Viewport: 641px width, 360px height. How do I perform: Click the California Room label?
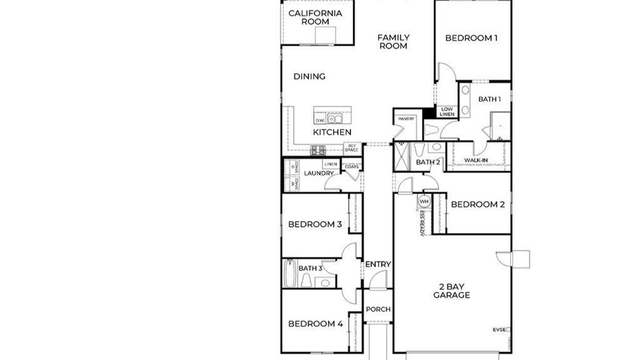click(315, 17)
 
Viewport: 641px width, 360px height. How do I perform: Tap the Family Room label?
click(393, 42)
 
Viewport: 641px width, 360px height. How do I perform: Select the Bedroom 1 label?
click(471, 38)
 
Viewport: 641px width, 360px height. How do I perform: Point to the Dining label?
click(310, 76)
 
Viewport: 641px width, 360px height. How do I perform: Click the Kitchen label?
click(332, 133)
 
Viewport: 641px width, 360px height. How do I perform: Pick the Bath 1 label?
click(490, 99)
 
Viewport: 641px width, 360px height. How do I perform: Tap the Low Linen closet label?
click(446, 111)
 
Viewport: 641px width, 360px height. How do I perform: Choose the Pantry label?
click(407, 118)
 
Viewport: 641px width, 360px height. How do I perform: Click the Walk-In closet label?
click(476, 161)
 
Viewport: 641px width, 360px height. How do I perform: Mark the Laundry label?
click(319, 173)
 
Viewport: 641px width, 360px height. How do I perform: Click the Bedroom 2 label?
click(478, 204)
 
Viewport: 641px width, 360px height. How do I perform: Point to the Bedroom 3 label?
click(315, 224)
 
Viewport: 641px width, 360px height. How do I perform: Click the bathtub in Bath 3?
click(289, 274)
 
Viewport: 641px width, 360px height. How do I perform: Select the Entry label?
click(378, 264)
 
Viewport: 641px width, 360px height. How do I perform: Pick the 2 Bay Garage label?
click(452, 291)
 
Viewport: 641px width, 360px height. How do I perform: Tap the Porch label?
click(378, 309)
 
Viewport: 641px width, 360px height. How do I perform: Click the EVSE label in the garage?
click(500, 329)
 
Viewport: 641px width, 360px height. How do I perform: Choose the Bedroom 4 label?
click(315, 324)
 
